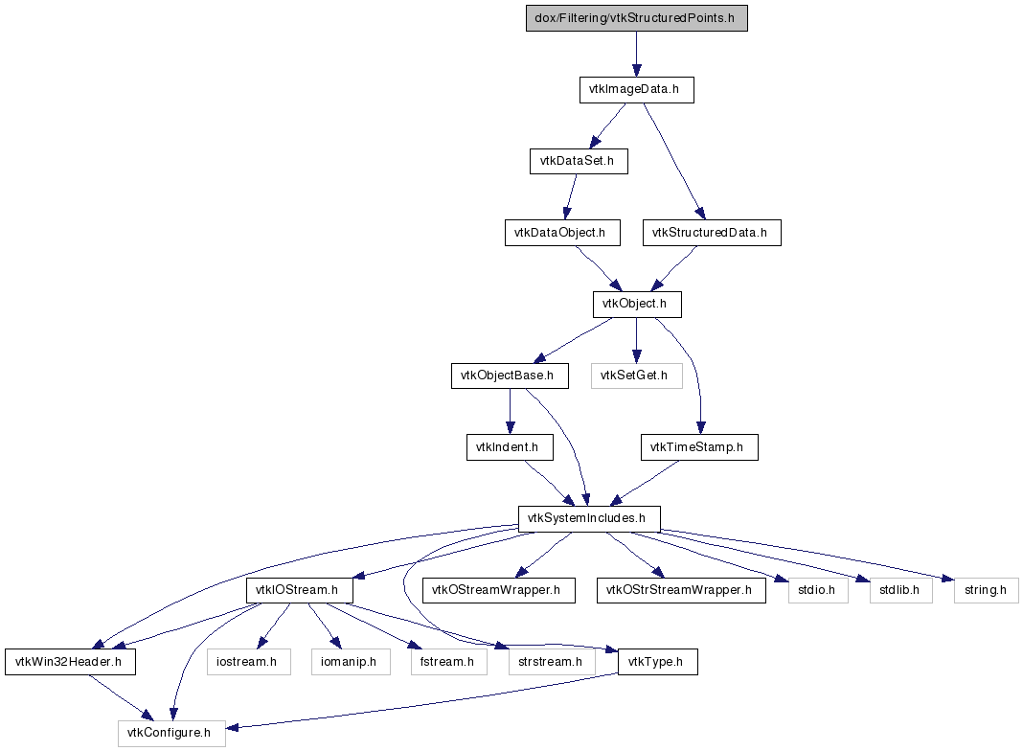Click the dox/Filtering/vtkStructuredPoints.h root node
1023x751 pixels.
(x=636, y=19)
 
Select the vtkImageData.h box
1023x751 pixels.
(x=636, y=90)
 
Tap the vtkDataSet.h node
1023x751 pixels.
(x=579, y=161)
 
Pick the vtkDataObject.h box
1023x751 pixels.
(x=561, y=233)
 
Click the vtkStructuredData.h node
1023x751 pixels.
(x=711, y=233)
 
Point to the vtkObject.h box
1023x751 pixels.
(x=636, y=305)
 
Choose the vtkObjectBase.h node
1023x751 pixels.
(x=509, y=375)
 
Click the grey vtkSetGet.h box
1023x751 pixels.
(x=636, y=375)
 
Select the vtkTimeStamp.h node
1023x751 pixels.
(x=699, y=447)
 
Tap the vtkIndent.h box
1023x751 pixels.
(x=509, y=447)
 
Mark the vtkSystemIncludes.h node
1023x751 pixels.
(x=589, y=518)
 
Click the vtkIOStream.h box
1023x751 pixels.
(x=300, y=590)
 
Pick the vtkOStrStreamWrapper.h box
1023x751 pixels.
(x=680, y=590)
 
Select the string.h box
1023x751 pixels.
(x=986, y=590)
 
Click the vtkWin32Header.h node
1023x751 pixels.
(x=70, y=662)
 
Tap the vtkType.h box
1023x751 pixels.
(x=657, y=662)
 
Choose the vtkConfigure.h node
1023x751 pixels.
(x=170, y=733)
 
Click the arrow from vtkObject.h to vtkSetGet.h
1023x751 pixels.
(x=636, y=340)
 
